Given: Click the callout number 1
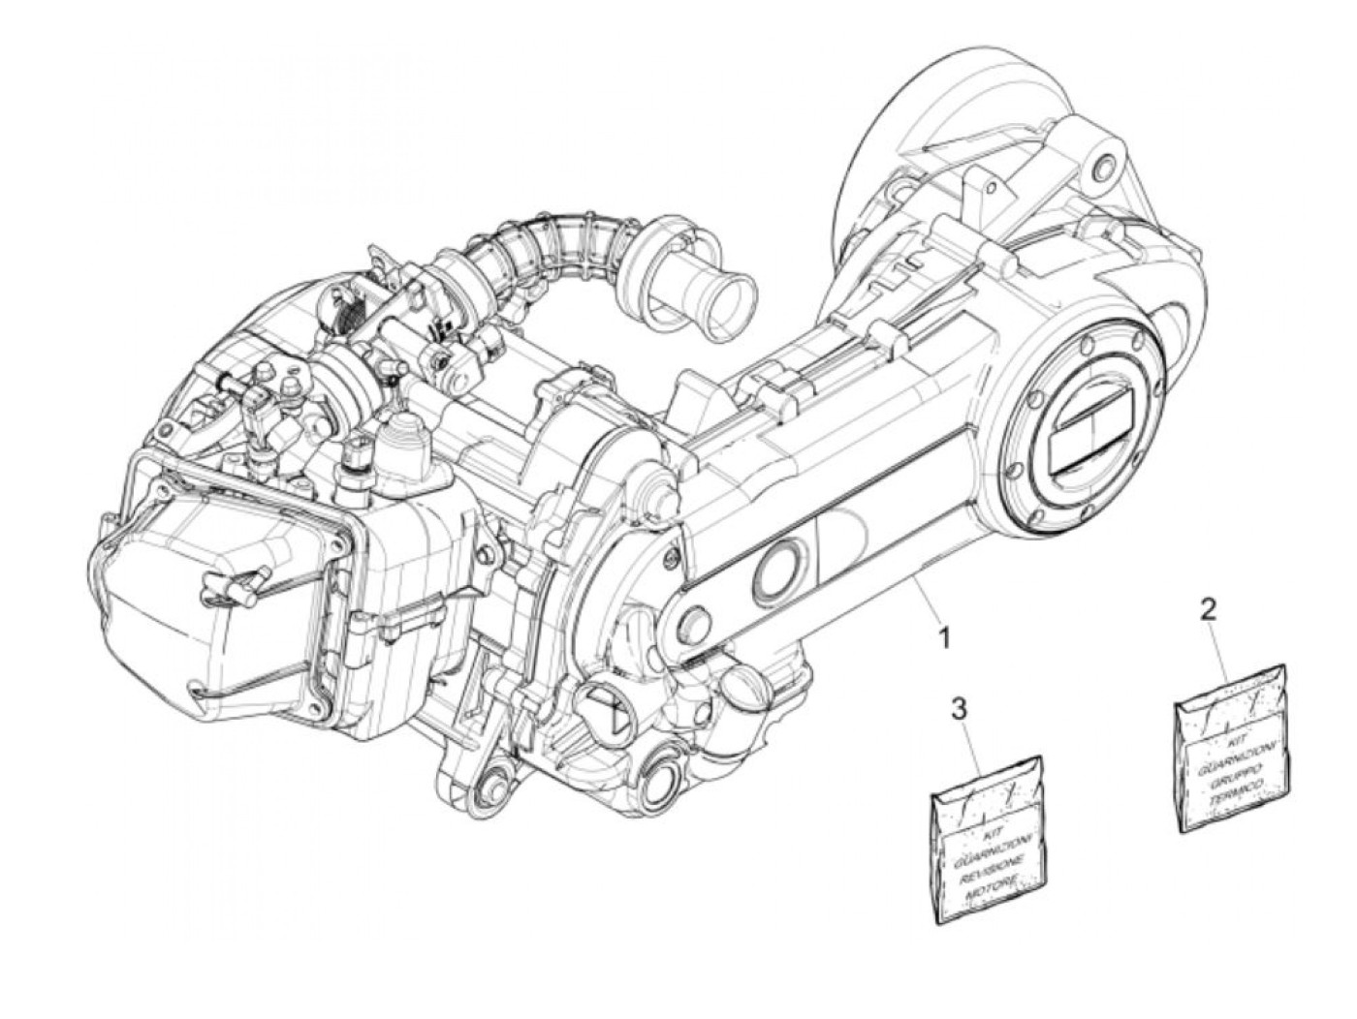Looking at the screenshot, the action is point(941,637).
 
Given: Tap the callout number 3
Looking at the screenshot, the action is point(958,709).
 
